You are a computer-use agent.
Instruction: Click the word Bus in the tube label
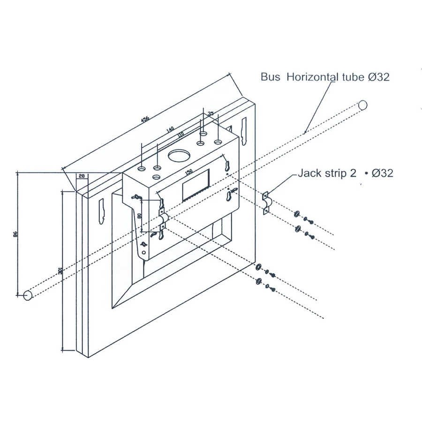pos(270,77)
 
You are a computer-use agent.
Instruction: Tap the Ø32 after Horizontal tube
pos(379,77)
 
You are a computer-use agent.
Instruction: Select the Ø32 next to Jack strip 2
pos(382,173)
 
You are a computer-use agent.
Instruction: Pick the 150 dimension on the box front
pos(188,172)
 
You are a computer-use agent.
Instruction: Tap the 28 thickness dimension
pos(82,176)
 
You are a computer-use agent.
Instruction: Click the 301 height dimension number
pos(60,271)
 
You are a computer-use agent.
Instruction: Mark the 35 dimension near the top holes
pos(211,113)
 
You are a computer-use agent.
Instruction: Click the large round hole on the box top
pos(178,156)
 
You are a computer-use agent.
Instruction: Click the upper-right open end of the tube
pos(362,105)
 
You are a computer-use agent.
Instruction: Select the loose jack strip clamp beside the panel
pos(266,203)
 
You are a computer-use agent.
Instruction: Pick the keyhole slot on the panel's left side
pos(102,211)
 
